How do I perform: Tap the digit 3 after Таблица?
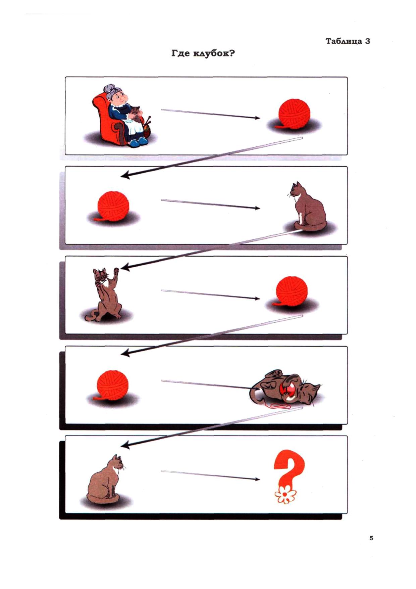tap(367, 41)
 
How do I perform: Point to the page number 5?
tap(371, 538)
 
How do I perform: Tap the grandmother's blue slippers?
tap(138, 142)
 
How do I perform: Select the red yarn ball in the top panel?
tap(294, 114)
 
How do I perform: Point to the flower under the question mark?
tap(285, 495)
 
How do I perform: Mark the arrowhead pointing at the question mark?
tap(257, 479)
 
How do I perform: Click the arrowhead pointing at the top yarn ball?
tap(257, 118)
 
